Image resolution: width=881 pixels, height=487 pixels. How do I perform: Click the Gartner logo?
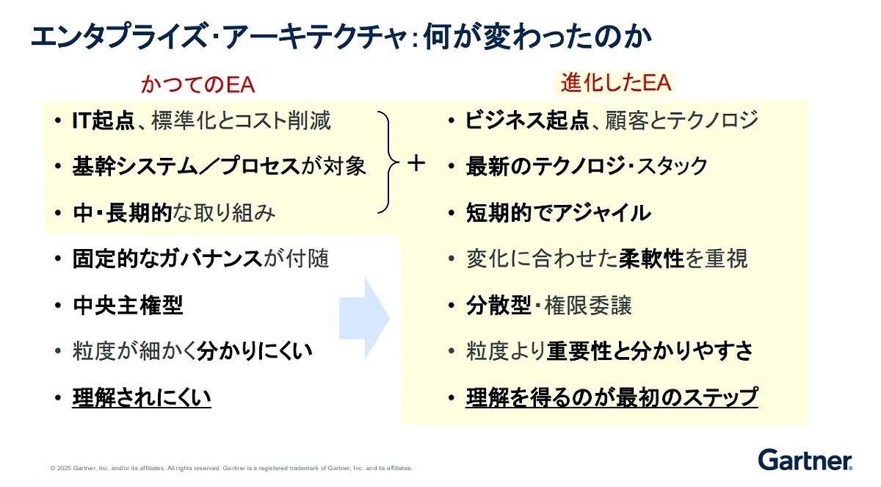(805, 460)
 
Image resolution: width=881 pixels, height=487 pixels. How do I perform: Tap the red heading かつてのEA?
(197, 84)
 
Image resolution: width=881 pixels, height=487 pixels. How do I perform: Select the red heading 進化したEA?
(615, 82)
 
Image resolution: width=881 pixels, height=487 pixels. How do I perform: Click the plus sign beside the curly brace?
(416, 163)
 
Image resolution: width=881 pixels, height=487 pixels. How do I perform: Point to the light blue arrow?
(364, 318)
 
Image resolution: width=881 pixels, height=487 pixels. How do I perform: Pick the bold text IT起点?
(104, 120)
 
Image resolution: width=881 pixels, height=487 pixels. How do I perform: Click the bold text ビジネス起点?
(527, 120)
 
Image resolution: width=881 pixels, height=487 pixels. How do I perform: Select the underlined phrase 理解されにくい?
(142, 397)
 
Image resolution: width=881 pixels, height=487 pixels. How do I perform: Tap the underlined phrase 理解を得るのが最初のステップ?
(612, 397)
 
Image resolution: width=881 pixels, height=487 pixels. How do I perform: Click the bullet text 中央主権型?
(128, 306)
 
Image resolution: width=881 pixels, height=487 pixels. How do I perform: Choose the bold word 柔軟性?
(651, 259)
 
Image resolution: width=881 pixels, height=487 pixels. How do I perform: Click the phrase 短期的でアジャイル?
(559, 213)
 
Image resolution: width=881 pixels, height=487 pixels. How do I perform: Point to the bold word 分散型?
(498, 306)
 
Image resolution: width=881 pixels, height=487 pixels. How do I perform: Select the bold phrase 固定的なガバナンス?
(167, 259)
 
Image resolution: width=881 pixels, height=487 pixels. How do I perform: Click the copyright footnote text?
(231, 468)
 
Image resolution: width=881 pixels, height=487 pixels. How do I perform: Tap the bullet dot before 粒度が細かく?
(58, 351)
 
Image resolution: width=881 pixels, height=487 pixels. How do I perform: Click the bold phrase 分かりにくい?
(255, 351)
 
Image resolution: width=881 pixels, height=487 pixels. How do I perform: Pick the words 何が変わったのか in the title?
(538, 37)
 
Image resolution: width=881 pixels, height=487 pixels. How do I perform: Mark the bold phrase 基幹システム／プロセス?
(186, 167)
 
